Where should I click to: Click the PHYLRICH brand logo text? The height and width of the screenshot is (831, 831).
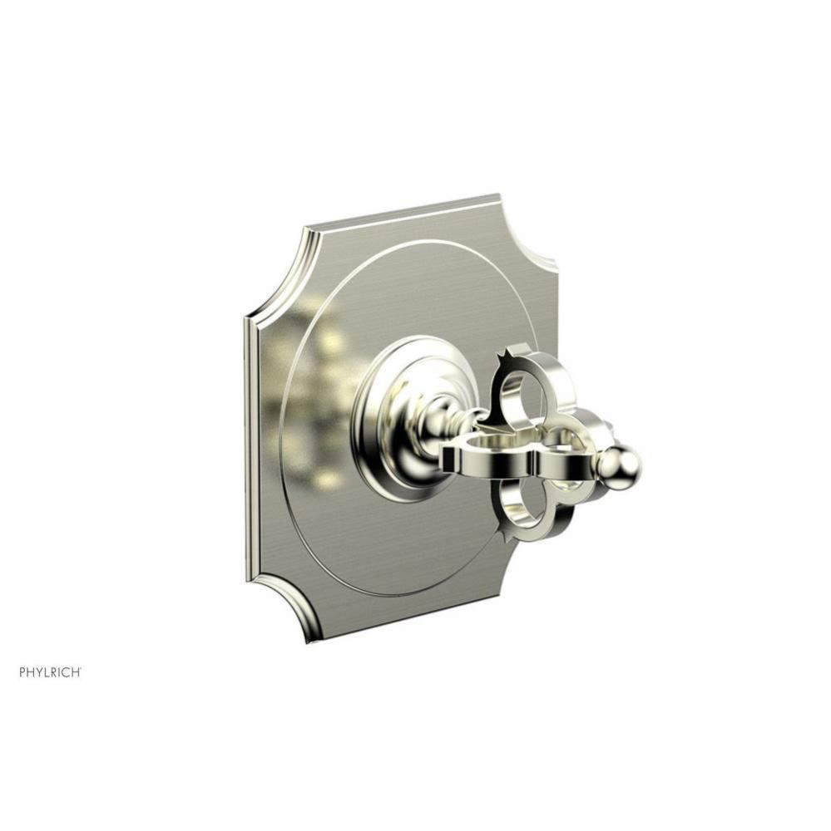point(51,648)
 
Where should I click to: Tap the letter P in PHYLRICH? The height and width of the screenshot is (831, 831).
point(23,648)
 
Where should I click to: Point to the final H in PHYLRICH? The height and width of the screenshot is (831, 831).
point(77,648)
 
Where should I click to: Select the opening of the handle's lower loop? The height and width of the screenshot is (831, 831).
point(527,505)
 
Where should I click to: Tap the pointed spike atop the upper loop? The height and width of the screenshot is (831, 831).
point(500,357)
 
